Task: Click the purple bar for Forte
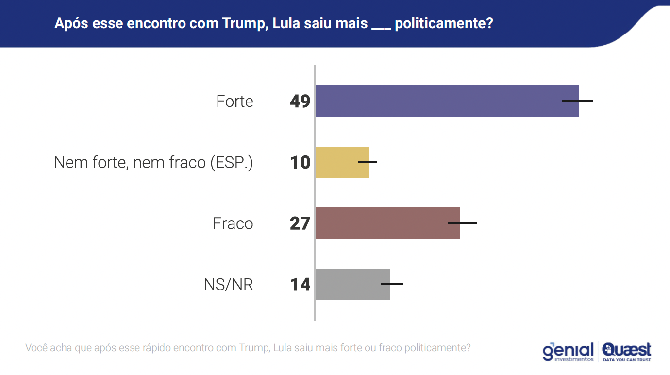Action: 447,101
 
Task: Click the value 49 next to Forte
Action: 300,101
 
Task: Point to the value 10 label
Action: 300,162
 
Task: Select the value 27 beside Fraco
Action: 300,223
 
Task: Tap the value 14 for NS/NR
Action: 300,284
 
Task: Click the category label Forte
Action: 235,102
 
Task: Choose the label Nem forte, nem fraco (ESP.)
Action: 153,162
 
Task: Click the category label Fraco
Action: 233,223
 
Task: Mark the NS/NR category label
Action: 229,285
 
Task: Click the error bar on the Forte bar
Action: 578,101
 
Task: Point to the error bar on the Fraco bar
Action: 462,223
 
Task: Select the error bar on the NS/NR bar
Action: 392,284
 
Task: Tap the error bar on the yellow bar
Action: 368,162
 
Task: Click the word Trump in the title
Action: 243,23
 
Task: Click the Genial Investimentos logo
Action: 568,352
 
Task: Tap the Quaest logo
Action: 626,352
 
